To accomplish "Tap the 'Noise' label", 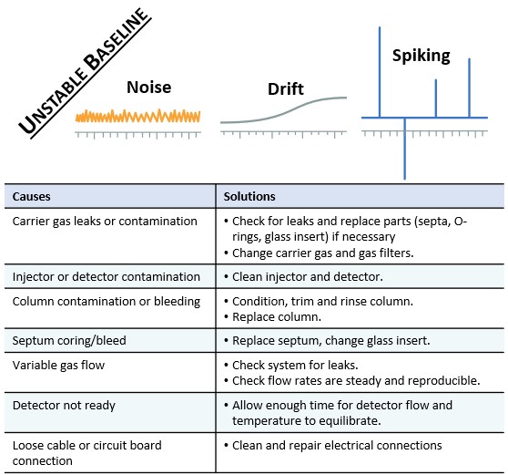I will coord(148,88).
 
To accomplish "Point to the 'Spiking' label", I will coord(421,56).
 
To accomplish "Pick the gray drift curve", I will coord(283,110).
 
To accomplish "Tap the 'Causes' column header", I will coord(32,196).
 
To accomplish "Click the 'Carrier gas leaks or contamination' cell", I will coord(105,222).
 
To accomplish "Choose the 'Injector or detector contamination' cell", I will coord(107,276).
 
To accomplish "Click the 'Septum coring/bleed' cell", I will coord(69,340).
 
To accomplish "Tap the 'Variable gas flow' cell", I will coord(60,365).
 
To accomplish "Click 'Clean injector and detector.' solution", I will coord(306,276).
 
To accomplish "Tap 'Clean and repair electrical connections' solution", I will coord(337,445).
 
